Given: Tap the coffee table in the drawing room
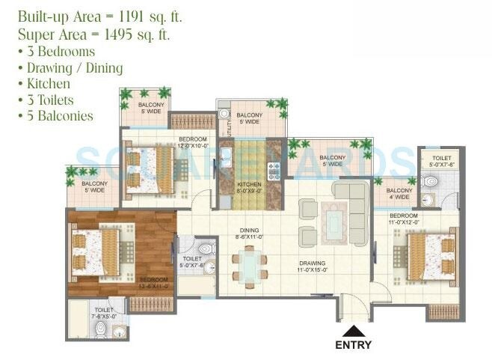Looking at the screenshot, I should click(333, 223).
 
